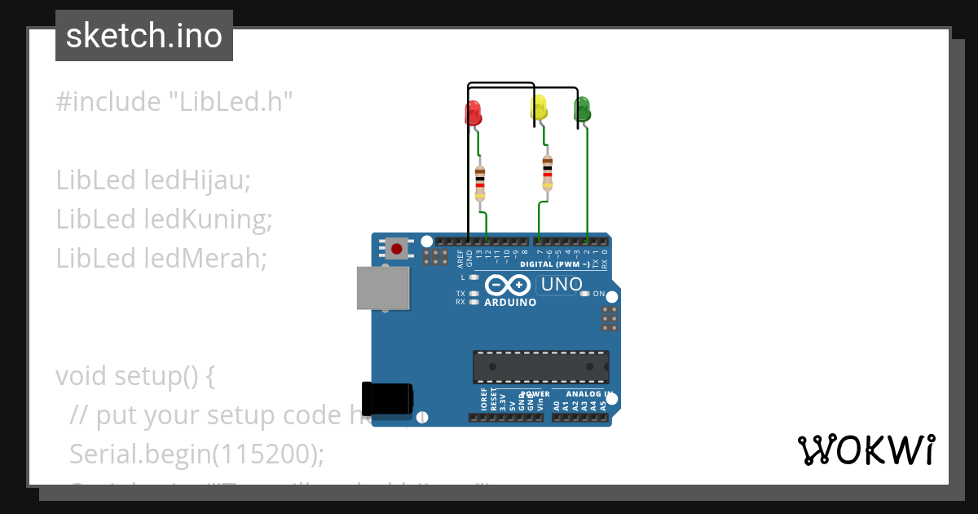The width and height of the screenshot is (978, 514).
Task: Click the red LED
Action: click(473, 112)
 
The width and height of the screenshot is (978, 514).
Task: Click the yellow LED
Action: click(539, 108)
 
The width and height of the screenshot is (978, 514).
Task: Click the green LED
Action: click(583, 109)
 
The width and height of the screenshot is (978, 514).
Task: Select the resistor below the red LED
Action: click(480, 179)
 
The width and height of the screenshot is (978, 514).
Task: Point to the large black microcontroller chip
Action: click(540, 366)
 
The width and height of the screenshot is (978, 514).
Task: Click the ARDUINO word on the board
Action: click(510, 303)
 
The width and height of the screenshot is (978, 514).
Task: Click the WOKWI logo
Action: click(866, 450)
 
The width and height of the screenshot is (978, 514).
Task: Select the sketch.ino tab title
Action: click(144, 36)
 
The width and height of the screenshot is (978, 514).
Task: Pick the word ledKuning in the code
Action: click(207, 219)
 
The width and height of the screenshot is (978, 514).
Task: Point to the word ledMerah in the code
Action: click(205, 258)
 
